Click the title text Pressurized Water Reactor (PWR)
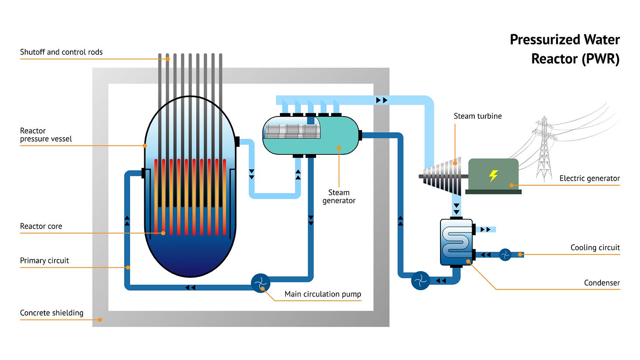(x=564, y=49)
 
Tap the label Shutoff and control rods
(x=61, y=52)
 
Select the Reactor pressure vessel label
(x=46, y=135)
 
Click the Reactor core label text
(x=41, y=226)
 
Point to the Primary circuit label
(x=44, y=261)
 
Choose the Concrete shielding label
(x=51, y=313)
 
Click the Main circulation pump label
(x=323, y=294)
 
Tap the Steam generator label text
(x=339, y=196)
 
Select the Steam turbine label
(x=477, y=116)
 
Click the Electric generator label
(x=589, y=178)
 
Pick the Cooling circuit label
(x=595, y=247)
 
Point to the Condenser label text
(x=602, y=283)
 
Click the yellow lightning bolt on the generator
(x=494, y=176)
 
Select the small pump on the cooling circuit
(x=505, y=255)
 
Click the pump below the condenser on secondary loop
(x=420, y=280)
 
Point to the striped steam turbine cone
(x=444, y=176)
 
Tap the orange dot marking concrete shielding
(x=100, y=320)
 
